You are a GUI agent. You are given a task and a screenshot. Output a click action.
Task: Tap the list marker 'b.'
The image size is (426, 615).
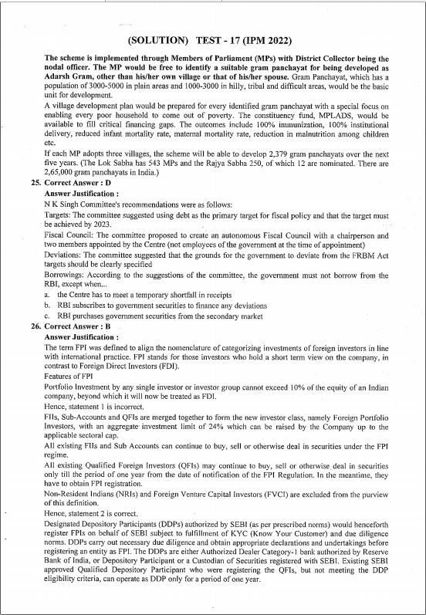point(48,306)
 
